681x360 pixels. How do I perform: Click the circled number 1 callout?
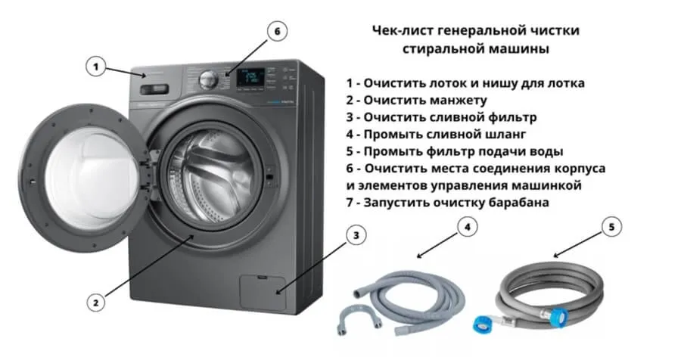(x=96, y=67)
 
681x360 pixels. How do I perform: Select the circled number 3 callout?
(x=356, y=236)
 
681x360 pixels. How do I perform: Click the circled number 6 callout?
(x=277, y=31)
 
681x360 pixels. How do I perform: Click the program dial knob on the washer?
(x=207, y=80)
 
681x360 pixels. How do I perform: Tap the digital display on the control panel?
(x=251, y=77)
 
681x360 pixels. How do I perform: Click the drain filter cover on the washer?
(x=263, y=292)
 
